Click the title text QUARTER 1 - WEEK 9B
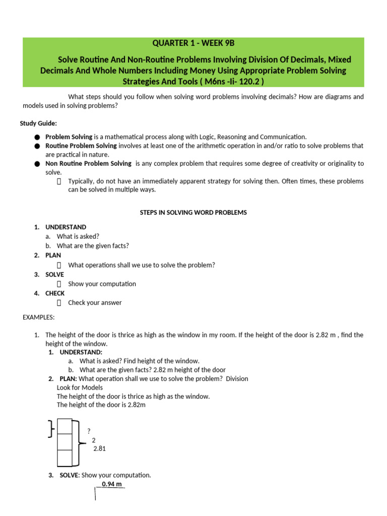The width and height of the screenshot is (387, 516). pyautogui.click(x=193, y=43)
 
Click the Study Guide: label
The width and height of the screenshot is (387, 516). pyautogui.click(x=38, y=123)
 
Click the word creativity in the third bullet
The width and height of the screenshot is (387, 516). pyautogui.click(x=290, y=164)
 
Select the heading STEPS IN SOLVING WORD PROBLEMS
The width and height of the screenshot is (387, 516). pyautogui.click(x=193, y=213)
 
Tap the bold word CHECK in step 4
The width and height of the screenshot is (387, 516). pyautogui.click(x=55, y=293)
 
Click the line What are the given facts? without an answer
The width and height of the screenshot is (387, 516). pyautogui.click(x=93, y=246)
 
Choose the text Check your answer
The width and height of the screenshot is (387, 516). pyautogui.click(x=95, y=303)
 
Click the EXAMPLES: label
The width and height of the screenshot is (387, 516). pyautogui.click(x=39, y=317)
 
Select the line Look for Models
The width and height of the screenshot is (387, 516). pyautogui.click(x=80, y=388)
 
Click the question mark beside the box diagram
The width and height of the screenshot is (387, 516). pyautogui.click(x=89, y=431)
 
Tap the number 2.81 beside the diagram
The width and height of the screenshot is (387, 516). pyautogui.click(x=100, y=448)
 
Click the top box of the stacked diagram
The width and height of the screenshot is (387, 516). pyautogui.click(x=66, y=426)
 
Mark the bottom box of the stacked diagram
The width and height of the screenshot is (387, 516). pyautogui.click(x=66, y=458)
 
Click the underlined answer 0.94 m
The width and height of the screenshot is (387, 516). pyautogui.click(x=111, y=484)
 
